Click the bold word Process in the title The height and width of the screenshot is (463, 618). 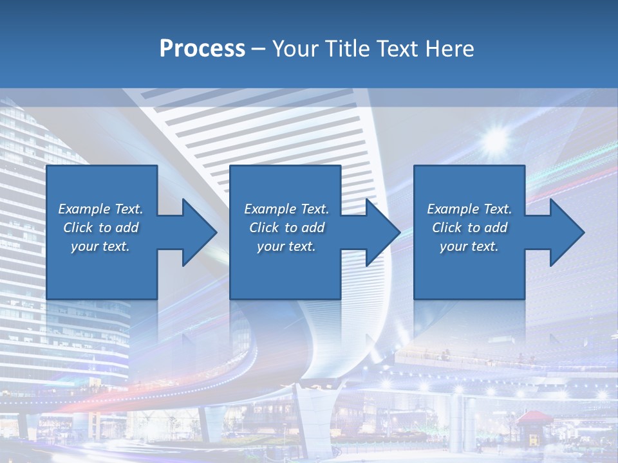(202, 49)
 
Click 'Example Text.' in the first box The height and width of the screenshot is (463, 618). (100, 209)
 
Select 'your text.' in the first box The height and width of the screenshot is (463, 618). (100, 246)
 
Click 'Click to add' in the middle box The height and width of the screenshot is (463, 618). (286, 228)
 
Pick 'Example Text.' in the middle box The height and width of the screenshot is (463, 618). (286, 209)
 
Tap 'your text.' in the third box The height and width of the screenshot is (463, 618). (469, 246)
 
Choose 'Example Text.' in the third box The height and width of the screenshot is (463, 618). (469, 209)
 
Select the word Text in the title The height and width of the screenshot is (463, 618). (400, 49)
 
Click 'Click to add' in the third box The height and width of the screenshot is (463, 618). (469, 228)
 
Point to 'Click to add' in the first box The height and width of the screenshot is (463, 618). (100, 228)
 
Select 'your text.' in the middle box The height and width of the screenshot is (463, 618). (286, 246)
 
